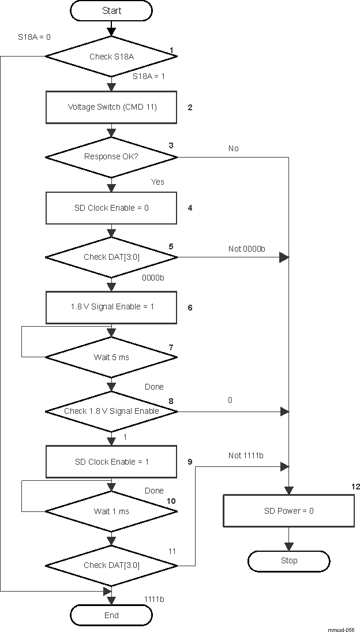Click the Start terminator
point(111,10)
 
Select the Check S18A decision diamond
point(111,57)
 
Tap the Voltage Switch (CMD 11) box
point(111,107)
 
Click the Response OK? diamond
point(111,157)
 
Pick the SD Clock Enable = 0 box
point(111,208)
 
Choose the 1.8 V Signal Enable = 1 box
point(111,307)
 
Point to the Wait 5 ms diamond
point(111,357)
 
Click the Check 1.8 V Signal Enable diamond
point(111,412)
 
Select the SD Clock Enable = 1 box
point(111,462)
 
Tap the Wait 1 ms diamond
point(111,511)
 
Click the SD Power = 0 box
point(288,511)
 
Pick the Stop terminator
point(288,560)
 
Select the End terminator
point(111,616)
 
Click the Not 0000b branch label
point(246,249)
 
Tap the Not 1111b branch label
point(246,456)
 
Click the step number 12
point(355,487)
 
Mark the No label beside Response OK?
point(233,148)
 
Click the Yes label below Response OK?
point(157,182)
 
